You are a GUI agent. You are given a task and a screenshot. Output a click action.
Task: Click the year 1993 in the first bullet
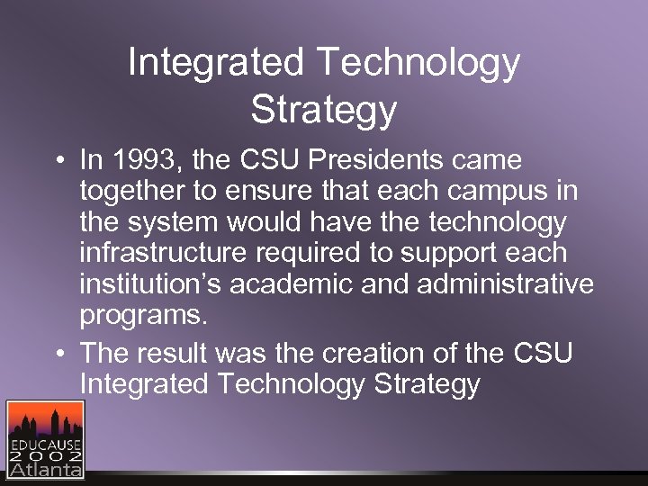click(152, 161)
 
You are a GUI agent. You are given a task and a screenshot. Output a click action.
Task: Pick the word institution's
click(150, 284)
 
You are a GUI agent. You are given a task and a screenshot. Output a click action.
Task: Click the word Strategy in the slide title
click(324, 110)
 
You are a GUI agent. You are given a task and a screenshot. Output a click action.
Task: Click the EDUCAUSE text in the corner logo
click(45, 444)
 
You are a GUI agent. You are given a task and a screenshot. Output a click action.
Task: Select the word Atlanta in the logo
click(45, 471)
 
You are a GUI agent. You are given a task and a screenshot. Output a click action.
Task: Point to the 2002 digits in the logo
click(45, 456)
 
